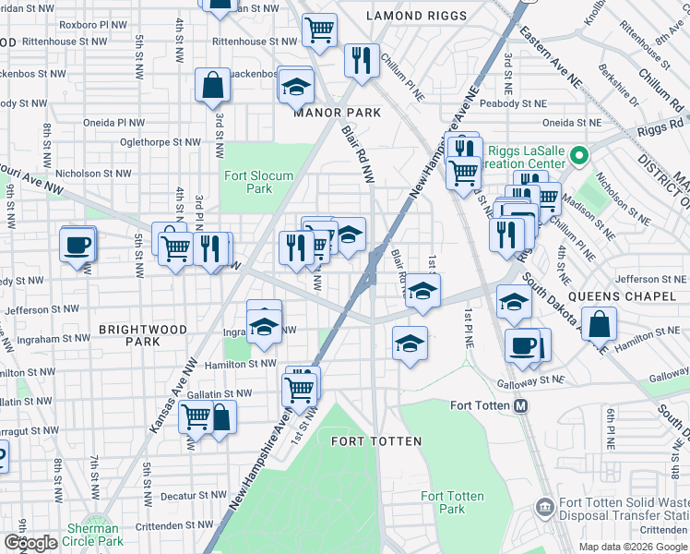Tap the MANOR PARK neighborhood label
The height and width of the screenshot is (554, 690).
pyautogui.click(x=337, y=113)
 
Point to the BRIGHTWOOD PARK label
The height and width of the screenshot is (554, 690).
pyautogui.click(x=143, y=335)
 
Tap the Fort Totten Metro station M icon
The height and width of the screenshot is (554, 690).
pyautogui.click(x=520, y=406)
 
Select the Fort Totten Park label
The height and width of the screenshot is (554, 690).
pyautogui.click(x=452, y=502)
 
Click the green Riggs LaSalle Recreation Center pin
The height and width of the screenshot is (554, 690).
pyautogui.click(x=579, y=156)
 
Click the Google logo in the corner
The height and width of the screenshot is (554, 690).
pyautogui.click(x=30, y=543)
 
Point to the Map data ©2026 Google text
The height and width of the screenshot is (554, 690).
pyautogui.click(x=632, y=547)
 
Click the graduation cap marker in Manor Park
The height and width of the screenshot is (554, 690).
pyautogui.click(x=296, y=87)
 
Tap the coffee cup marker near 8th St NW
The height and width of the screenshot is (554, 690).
pyautogui.click(x=77, y=245)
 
